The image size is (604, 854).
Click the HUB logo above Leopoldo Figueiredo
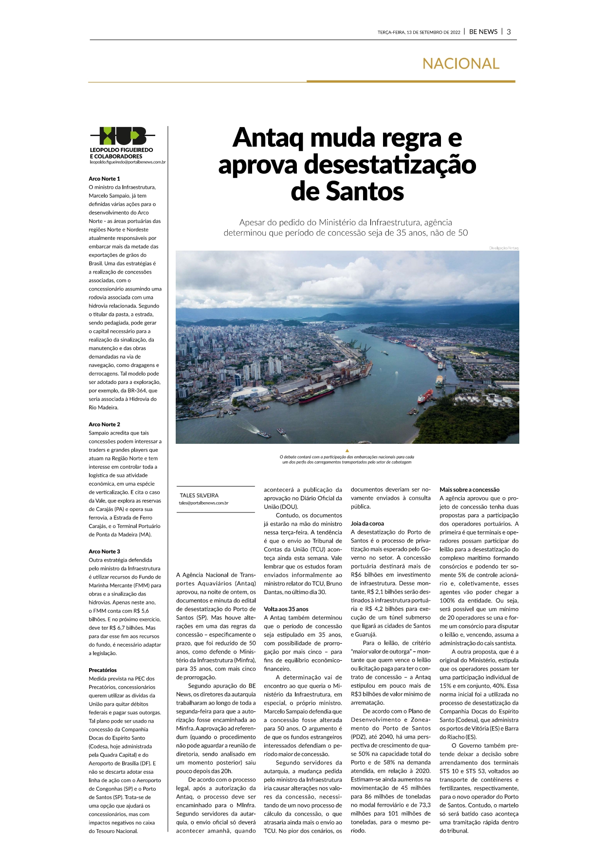[x=123, y=136]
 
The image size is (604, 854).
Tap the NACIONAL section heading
[x=460, y=64]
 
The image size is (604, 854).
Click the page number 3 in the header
[x=509, y=32]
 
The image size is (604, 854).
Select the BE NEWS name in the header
[x=483, y=32]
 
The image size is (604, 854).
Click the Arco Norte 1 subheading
[x=104, y=179]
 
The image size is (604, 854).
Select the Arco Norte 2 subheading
[x=104, y=424]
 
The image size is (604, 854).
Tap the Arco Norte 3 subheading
[x=104, y=551]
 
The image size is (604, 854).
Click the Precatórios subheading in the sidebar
[x=103, y=670]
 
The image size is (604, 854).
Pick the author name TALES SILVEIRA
[x=199, y=495]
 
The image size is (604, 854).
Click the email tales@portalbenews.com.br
[x=203, y=503]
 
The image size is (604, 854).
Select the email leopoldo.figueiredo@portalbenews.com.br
[x=128, y=162]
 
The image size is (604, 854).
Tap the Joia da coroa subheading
[x=367, y=524]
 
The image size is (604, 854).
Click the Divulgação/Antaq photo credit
[x=504, y=248]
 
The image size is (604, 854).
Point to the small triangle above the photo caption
[x=347, y=451]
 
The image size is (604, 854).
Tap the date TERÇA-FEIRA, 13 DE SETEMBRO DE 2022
[x=419, y=33]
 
